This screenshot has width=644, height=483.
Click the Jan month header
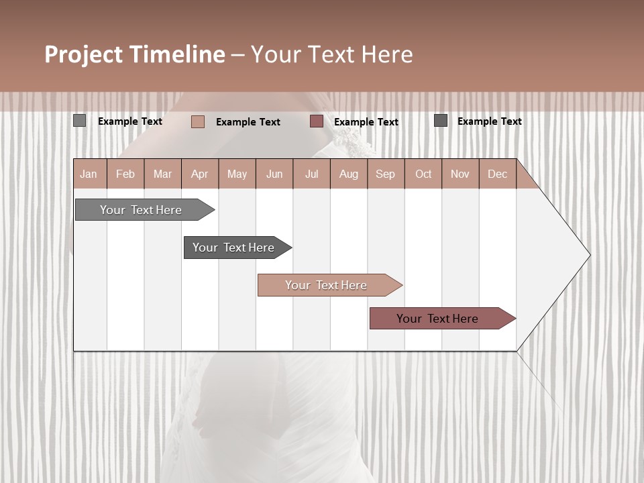(x=89, y=174)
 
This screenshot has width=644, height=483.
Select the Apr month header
(x=200, y=174)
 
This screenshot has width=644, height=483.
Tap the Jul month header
(x=311, y=174)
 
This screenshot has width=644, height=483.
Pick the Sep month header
(x=386, y=174)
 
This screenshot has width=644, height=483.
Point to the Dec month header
(x=497, y=174)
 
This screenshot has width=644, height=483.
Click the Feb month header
(x=125, y=174)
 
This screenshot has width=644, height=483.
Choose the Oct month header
(x=423, y=174)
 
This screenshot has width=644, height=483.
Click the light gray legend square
(x=80, y=121)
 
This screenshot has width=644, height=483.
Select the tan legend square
(x=198, y=121)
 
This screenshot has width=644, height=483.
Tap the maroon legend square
(x=317, y=121)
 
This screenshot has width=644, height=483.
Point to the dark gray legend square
(x=441, y=121)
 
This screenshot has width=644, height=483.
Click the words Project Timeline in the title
(x=135, y=54)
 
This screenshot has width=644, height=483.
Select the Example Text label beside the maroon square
(x=366, y=122)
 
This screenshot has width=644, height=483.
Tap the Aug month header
(x=349, y=174)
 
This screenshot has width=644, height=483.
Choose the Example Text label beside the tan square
(x=248, y=122)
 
